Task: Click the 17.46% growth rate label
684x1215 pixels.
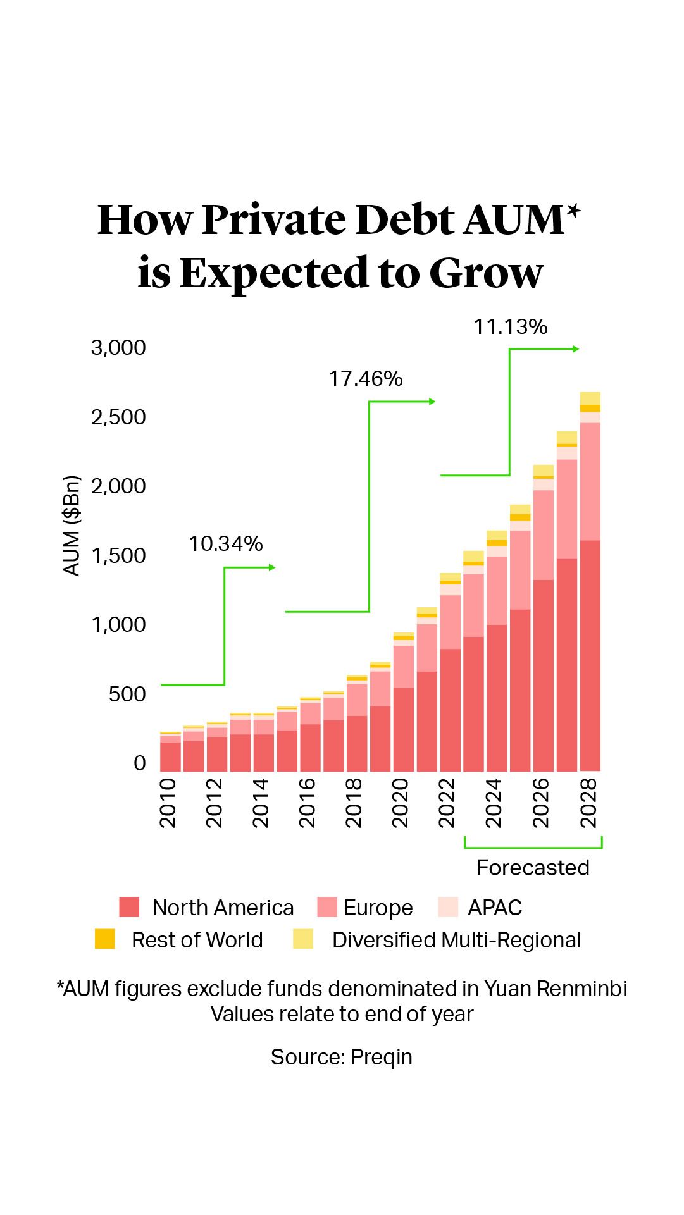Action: coord(365,379)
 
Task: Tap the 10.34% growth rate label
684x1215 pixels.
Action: coord(225,544)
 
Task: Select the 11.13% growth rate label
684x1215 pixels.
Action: coord(510,327)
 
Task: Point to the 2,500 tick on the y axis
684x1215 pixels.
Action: coord(118,417)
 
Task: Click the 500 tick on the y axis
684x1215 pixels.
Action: coord(127,694)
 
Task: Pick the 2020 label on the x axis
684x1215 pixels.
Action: coord(401,803)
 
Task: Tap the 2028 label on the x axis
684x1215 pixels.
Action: coord(588,803)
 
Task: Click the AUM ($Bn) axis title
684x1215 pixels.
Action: coord(72,526)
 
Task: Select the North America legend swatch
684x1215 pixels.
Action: coord(129,907)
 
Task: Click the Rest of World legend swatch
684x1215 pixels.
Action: coord(105,939)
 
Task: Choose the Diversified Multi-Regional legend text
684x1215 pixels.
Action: coord(456,941)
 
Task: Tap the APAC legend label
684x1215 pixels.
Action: coord(495,908)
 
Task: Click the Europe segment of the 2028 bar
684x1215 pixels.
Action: coord(590,481)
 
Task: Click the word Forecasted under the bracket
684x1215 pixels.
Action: coord(533,868)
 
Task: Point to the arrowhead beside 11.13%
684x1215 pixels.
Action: coord(576,349)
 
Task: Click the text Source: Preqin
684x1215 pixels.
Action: coord(342,1057)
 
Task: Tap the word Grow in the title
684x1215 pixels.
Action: coord(486,273)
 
